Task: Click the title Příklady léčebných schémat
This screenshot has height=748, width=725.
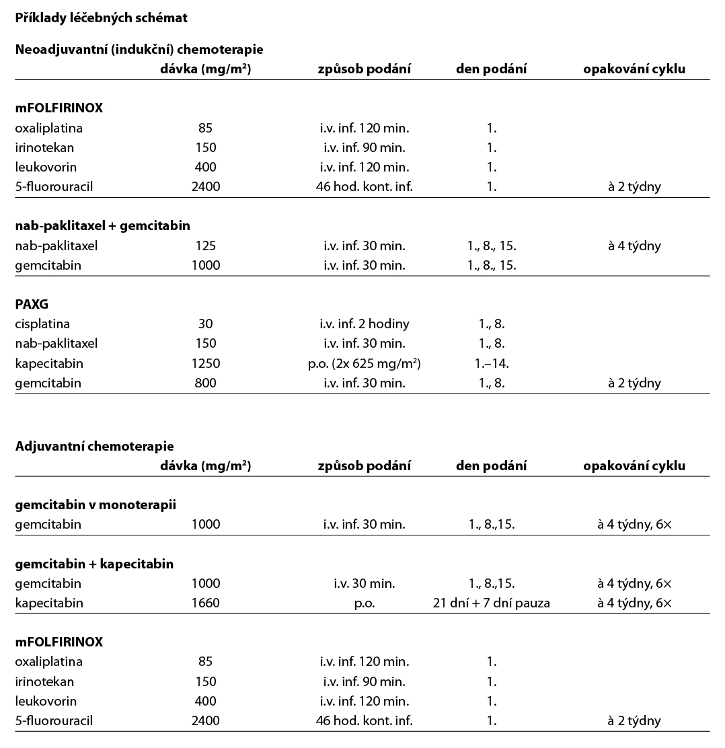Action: [x=101, y=18]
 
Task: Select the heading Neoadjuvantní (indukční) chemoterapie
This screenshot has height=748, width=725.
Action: [x=139, y=50]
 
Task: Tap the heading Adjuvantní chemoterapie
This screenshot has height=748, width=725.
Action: [x=94, y=446]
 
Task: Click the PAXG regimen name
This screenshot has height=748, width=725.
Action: [x=32, y=304]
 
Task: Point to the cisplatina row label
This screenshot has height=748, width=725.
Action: [x=42, y=324]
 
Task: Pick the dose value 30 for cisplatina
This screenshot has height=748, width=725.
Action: [x=205, y=324]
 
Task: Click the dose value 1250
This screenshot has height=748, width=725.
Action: [x=205, y=363]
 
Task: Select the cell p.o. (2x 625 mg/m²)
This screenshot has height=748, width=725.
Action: [x=364, y=363]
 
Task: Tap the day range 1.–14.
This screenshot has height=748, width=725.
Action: [x=491, y=363]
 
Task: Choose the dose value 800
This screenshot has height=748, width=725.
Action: [x=205, y=383]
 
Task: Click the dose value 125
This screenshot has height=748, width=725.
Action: [x=205, y=246]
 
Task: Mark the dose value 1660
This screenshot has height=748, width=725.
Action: [x=205, y=603]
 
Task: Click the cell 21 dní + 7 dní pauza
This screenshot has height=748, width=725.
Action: [x=491, y=603]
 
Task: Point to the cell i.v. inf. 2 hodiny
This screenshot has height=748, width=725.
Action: [x=364, y=324]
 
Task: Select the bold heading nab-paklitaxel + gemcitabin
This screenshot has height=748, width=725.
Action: [x=102, y=226]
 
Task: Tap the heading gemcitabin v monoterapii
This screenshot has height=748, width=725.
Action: [x=96, y=504]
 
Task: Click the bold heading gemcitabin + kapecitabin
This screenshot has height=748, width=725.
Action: [x=94, y=564]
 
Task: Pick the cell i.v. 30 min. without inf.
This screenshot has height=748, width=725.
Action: [x=364, y=583]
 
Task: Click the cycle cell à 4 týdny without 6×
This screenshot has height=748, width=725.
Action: [x=634, y=246]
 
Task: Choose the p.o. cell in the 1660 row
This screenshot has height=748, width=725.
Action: [x=364, y=603]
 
